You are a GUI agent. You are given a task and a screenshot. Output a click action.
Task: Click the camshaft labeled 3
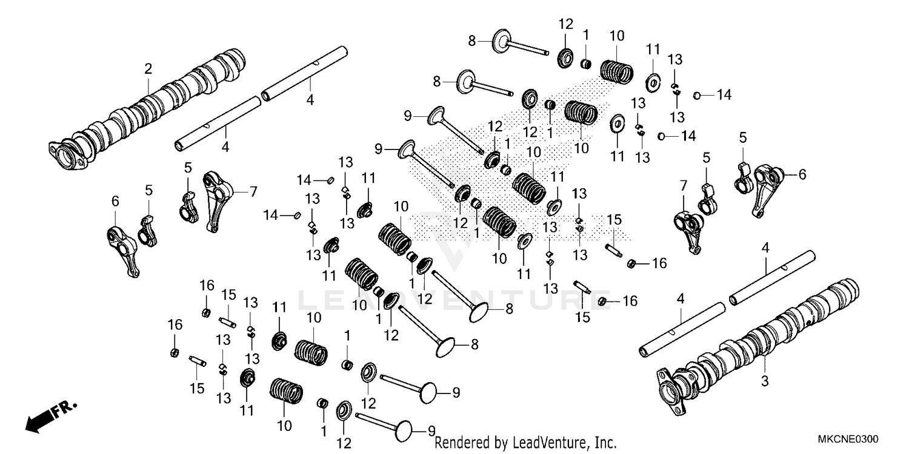(x=764, y=339)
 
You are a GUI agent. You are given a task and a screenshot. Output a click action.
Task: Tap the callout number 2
(x=148, y=70)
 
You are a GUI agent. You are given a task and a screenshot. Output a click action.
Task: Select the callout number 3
(x=765, y=381)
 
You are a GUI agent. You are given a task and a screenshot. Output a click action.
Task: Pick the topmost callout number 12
(x=565, y=24)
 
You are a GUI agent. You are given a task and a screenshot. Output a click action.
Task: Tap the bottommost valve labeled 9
(x=388, y=424)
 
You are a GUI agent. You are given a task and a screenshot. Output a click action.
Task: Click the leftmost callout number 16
(x=175, y=325)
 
